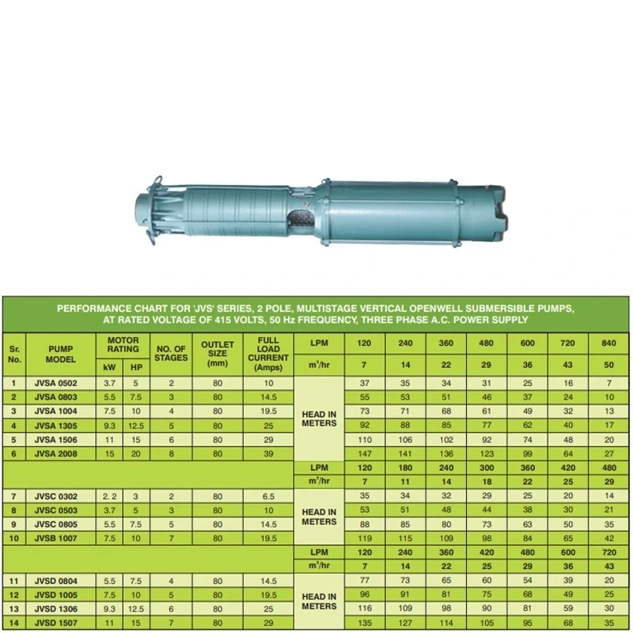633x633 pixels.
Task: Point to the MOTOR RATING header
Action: pos(123,344)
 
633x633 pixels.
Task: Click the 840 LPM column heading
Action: pos(608,344)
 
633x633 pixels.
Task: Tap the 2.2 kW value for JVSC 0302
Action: pos(109,495)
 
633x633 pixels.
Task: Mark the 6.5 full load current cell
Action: pos(267,495)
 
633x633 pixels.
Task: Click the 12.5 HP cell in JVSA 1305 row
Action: pos(136,425)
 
